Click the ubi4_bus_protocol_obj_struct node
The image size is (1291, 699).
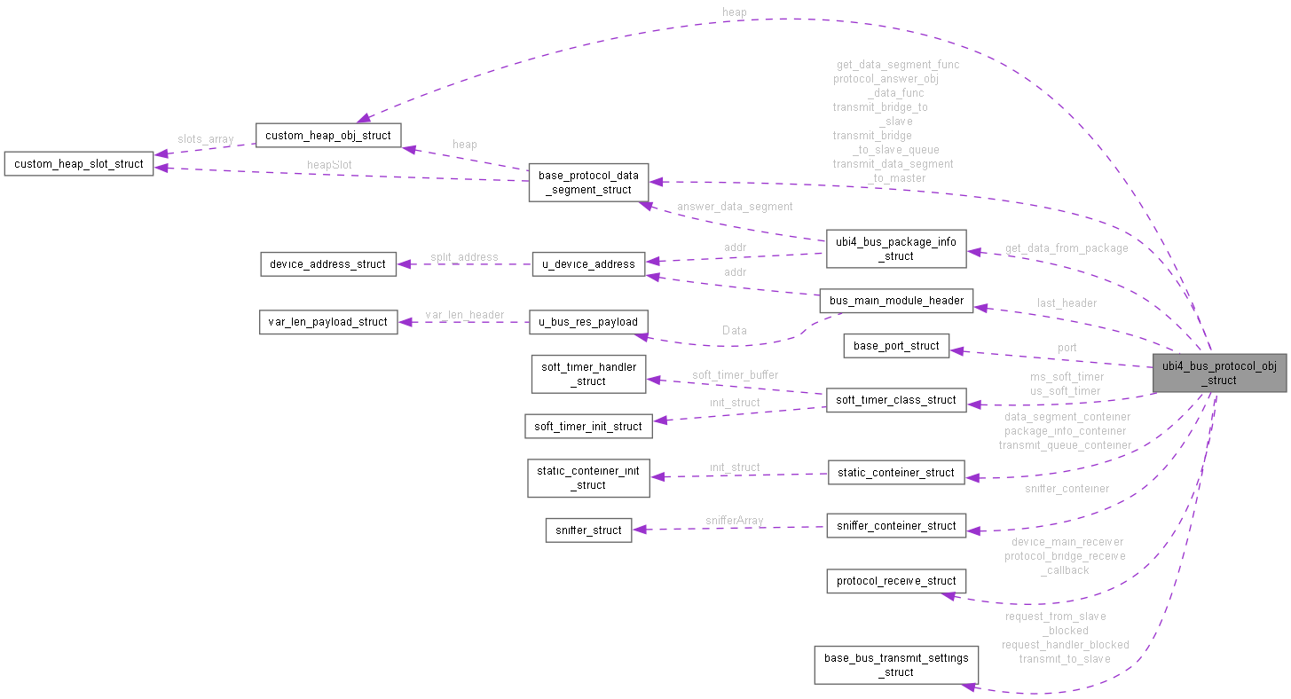coord(1219,373)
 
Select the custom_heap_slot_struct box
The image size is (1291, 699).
coord(79,164)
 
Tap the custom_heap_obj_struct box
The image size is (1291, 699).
coord(328,135)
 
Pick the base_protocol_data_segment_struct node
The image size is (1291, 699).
coord(589,182)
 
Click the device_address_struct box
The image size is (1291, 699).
coord(328,263)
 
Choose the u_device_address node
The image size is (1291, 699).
coord(589,263)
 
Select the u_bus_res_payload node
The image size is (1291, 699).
coord(589,321)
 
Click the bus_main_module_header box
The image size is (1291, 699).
coord(896,300)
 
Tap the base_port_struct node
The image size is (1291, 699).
coord(896,346)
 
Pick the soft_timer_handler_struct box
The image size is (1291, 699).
coord(589,373)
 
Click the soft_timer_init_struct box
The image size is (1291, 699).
coord(588,426)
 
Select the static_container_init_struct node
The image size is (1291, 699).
coord(589,477)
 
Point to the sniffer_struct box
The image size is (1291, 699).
coord(588,530)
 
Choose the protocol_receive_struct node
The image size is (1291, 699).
coord(896,581)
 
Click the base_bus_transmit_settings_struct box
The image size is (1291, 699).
coord(896,664)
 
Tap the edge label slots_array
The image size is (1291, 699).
coord(205,139)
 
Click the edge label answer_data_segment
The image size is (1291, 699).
coord(735,207)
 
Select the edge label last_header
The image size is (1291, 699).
coord(1067,302)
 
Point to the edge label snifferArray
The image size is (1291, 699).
coord(735,521)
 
